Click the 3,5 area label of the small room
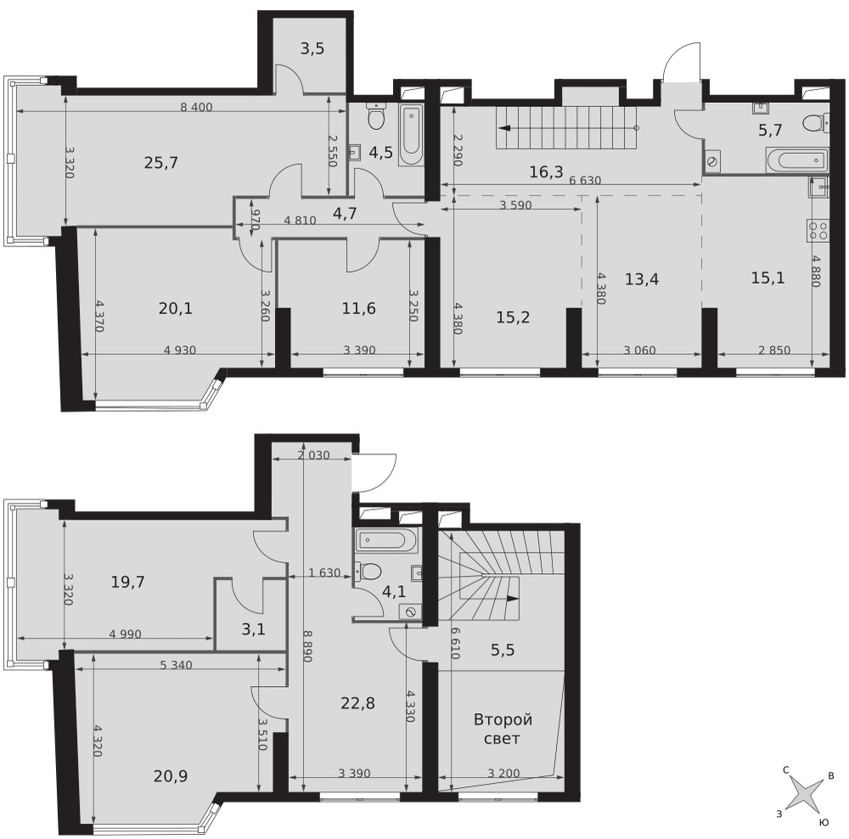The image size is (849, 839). (312, 48)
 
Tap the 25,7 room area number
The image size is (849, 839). (161, 162)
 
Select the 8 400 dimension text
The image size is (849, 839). (196, 107)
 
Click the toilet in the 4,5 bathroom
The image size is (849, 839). (376, 115)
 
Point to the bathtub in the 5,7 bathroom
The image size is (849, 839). (797, 160)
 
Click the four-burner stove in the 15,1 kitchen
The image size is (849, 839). (818, 228)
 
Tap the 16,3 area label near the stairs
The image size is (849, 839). (546, 172)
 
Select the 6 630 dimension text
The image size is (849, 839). (585, 180)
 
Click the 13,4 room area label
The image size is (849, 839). (642, 279)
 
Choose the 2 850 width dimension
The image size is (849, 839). (774, 351)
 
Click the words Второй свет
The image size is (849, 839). (503, 729)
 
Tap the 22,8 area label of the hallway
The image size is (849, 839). (358, 703)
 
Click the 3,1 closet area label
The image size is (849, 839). (253, 629)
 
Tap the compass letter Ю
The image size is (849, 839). (824, 823)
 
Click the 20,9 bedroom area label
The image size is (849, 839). (171, 776)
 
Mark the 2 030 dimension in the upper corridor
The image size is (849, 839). (313, 455)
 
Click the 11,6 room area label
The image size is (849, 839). (358, 309)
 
